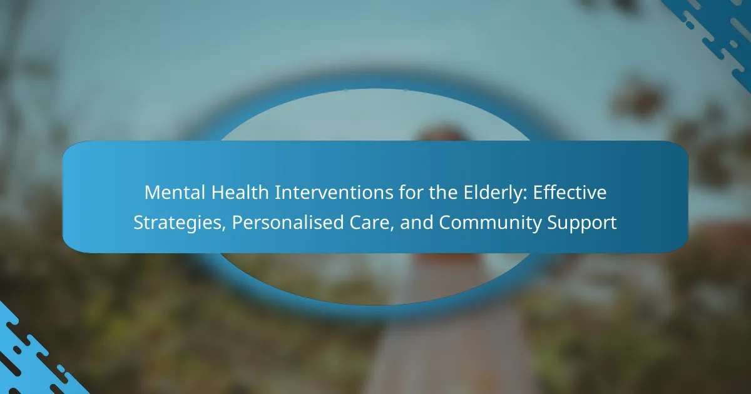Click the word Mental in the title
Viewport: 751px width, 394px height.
click(175, 193)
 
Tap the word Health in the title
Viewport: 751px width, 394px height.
click(240, 193)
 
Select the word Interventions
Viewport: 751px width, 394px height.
click(334, 193)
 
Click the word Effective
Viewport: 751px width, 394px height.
click(570, 193)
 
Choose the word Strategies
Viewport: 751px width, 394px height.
click(178, 223)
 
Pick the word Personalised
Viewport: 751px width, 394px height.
click(288, 223)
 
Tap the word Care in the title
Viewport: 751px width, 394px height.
click(370, 223)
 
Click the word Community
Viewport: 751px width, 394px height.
click(489, 223)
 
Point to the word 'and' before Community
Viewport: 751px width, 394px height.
click(416, 223)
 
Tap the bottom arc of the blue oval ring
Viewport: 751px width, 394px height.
click(375, 309)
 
